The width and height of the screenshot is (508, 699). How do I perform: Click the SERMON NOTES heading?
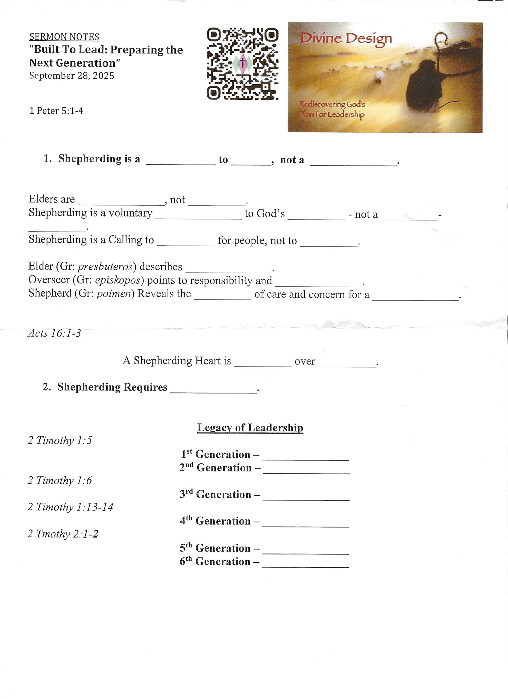pyautogui.click(x=64, y=37)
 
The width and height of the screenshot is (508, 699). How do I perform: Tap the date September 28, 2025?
pyautogui.click(x=72, y=76)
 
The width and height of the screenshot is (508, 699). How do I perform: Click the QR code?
pyautogui.click(x=242, y=64)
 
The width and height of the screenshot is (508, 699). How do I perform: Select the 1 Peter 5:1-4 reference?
pyautogui.click(x=56, y=111)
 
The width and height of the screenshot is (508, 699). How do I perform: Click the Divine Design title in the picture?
pyautogui.click(x=345, y=39)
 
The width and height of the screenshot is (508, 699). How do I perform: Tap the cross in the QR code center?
pyautogui.click(x=243, y=63)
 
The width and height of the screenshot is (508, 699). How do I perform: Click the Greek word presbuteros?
pyautogui.click(x=105, y=266)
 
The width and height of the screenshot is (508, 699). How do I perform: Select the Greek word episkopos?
pyautogui.click(x=118, y=280)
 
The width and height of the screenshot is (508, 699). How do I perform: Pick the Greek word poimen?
pyautogui.click(x=114, y=294)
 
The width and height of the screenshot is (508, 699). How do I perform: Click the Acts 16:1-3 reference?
pyautogui.click(x=54, y=333)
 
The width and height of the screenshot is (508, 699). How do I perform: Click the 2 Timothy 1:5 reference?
pyautogui.click(x=60, y=440)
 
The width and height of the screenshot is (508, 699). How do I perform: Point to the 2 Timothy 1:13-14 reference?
pyautogui.click(x=70, y=507)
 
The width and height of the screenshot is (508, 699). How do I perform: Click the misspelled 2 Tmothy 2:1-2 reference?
pyautogui.click(x=63, y=534)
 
